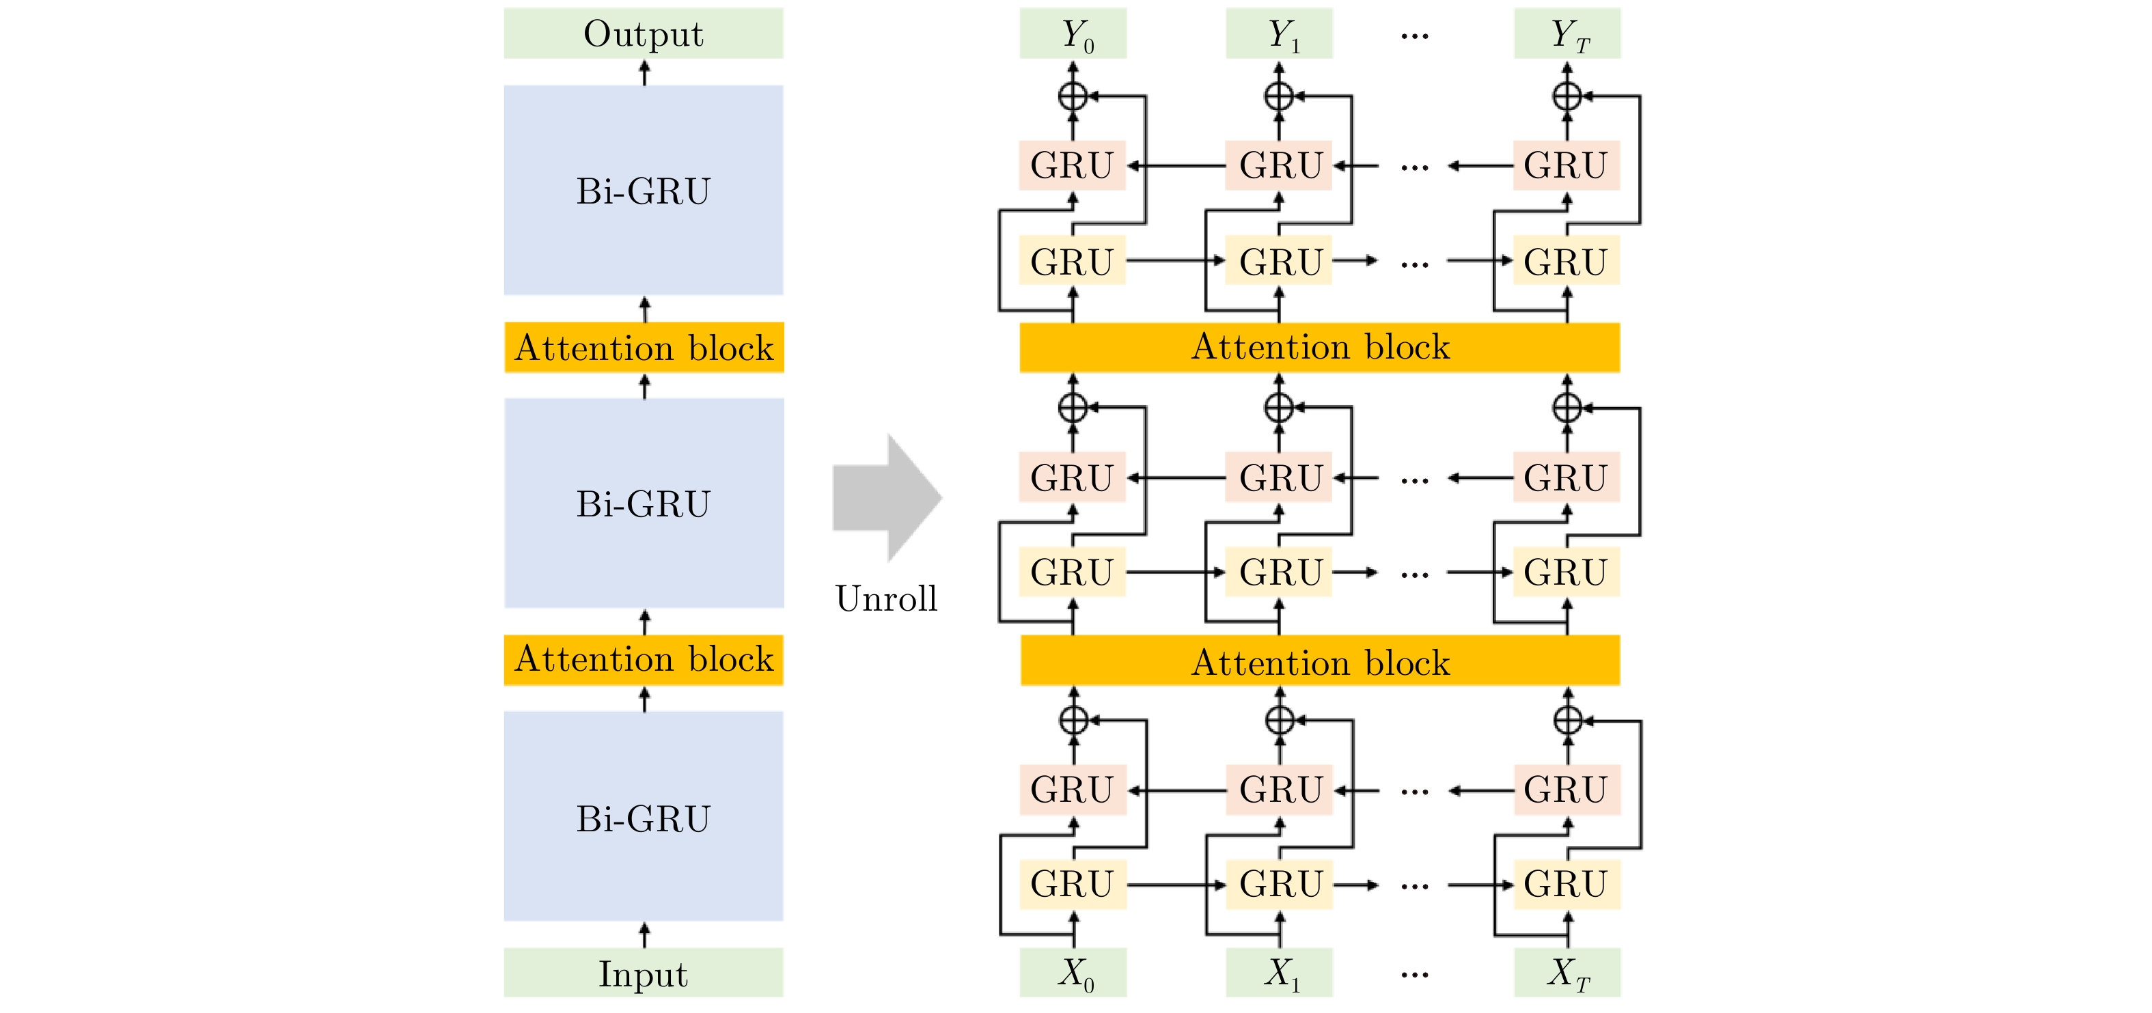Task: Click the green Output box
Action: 644,33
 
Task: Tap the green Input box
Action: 644,973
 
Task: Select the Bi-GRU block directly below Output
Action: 644,191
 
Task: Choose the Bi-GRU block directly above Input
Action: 644,817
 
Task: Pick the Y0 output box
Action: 1073,34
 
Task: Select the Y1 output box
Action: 1279,34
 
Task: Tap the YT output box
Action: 1567,34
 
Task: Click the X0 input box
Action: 1073,973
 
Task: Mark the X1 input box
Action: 1279,973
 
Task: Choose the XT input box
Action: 1567,973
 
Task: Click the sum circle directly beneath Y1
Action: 1279,96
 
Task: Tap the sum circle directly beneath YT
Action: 1567,96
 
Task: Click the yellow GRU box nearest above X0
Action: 1073,885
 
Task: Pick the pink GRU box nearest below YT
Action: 1567,165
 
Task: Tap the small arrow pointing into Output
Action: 644,72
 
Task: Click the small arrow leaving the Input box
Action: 644,934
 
